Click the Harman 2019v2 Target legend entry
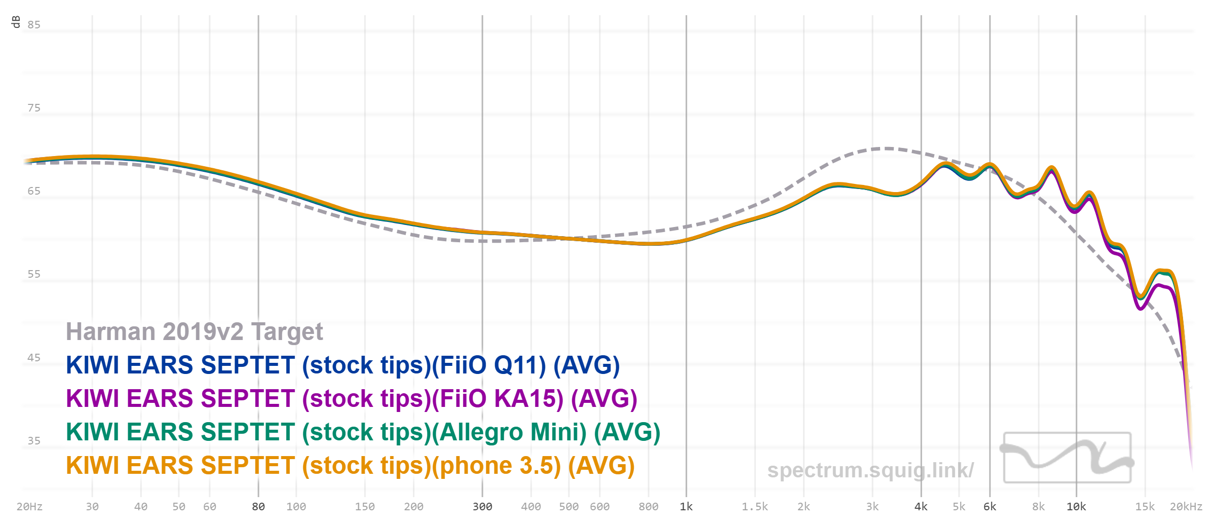coord(194,332)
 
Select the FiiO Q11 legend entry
coord(343,365)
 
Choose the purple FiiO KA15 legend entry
coord(351,399)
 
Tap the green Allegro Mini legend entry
coord(363,432)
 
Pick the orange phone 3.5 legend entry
coord(350,466)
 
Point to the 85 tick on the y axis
coord(34,25)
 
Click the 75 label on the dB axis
coord(34,108)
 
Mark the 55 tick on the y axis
coord(34,274)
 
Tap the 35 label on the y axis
coord(34,441)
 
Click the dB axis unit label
coord(16,22)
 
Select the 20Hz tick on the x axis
coord(29,507)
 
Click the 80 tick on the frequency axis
coord(258,507)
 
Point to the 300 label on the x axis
coord(482,507)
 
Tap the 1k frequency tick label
coord(686,507)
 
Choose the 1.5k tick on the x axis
coord(755,507)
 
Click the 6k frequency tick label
coord(990,507)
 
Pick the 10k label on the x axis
coord(1076,507)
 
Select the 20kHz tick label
coord(1186,507)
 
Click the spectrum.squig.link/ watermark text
coord(870,470)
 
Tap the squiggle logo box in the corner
coord(1067,457)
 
